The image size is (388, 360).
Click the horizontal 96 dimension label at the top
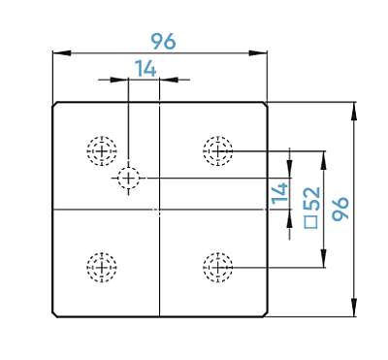(x=164, y=41)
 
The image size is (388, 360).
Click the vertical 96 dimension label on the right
(x=340, y=209)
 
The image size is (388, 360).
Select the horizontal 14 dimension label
(x=145, y=68)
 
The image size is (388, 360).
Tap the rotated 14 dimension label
(x=280, y=194)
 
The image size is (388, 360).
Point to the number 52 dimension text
(x=312, y=198)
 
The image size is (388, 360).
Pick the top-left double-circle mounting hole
(x=102, y=151)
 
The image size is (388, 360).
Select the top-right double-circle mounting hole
(x=218, y=151)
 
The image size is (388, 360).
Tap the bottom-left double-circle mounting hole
(x=102, y=267)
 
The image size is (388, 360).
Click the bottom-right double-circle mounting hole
(x=218, y=267)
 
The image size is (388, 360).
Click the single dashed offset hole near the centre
(x=129, y=178)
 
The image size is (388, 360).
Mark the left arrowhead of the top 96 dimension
(x=62, y=53)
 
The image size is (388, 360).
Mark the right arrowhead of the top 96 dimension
(x=258, y=53)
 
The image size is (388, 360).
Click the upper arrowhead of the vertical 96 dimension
(x=354, y=112)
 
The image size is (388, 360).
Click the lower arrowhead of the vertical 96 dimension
(x=354, y=308)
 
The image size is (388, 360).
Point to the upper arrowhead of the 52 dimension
(x=323, y=160)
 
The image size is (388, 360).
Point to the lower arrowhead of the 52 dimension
(x=323, y=258)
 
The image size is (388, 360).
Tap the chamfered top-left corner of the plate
(x=55, y=104)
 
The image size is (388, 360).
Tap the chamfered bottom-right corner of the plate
(x=265, y=314)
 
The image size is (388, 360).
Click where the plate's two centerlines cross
(x=160, y=210)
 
